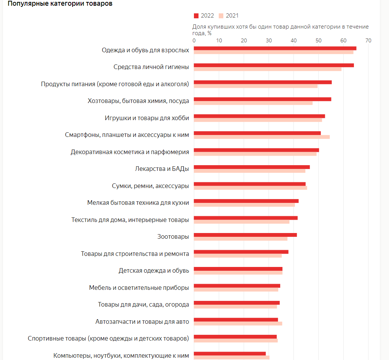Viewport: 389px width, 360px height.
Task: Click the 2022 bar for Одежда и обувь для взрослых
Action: point(275,48)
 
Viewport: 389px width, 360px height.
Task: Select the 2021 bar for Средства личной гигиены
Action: point(267,69)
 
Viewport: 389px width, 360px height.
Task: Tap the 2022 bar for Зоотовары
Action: point(245,235)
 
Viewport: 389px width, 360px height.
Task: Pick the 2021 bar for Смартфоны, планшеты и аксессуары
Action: point(261,137)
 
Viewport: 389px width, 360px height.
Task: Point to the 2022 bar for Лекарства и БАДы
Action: point(252,167)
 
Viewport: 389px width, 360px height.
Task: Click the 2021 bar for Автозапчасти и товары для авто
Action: point(238,323)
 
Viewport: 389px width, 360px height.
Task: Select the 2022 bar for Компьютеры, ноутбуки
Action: point(229,354)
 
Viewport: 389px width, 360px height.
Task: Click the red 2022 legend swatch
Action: point(196,16)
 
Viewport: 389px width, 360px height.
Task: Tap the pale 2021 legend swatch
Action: point(221,16)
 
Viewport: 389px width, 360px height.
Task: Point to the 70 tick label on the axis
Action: point(368,40)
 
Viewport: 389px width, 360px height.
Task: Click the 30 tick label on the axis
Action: point(269,40)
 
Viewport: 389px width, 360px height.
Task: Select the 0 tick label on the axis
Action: point(194,40)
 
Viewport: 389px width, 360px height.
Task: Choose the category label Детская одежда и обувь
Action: point(154,271)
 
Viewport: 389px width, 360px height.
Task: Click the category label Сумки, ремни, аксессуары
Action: point(150,186)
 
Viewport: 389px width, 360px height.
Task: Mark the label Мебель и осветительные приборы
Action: point(139,288)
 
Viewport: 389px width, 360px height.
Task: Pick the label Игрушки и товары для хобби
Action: point(147,118)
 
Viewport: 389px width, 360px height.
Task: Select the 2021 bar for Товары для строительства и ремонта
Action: point(237,256)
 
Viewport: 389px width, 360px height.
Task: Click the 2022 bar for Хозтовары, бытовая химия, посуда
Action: point(262,99)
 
